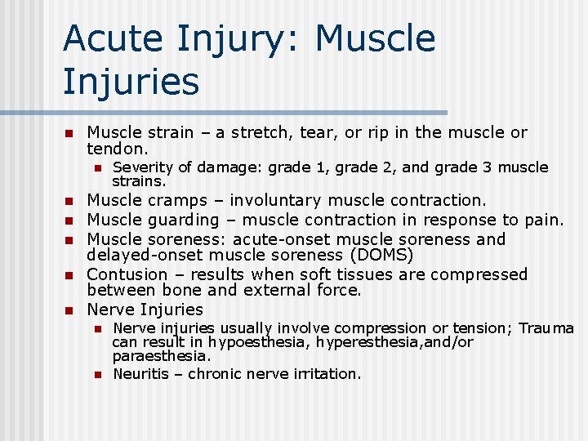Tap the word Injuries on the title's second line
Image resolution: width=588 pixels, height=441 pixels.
click(x=131, y=82)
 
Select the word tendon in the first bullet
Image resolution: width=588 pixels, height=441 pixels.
click(x=116, y=149)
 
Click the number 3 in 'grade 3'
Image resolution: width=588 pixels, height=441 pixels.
click(x=487, y=167)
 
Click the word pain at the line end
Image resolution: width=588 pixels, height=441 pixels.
click(x=546, y=220)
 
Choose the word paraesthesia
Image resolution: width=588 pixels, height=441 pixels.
click(x=160, y=356)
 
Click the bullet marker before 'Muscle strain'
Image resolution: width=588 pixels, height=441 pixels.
click(x=70, y=133)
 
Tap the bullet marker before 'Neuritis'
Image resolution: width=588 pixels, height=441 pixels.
click(x=96, y=375)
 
